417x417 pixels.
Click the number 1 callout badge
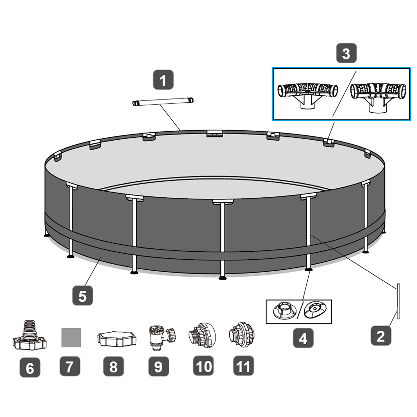click(163, 80)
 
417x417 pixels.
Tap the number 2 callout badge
click(381, 336)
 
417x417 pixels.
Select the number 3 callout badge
click(346, 53)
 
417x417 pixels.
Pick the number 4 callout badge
click(303, 338)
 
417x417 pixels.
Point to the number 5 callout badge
click(82, 296)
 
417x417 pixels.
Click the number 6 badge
click(30, 367)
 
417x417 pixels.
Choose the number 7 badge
click(70, 366)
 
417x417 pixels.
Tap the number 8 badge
click(113, 366)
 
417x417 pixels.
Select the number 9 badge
click(158, 366)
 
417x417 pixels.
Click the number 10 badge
click(204, 366)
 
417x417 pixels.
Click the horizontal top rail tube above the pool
click(163, 101)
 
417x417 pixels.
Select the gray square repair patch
click(71, 338)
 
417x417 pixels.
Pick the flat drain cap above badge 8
click(117, 339)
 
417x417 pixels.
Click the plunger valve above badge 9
click(162, 336)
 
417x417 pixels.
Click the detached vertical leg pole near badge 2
click(398, 301)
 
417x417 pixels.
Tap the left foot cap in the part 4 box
click(285, 311)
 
